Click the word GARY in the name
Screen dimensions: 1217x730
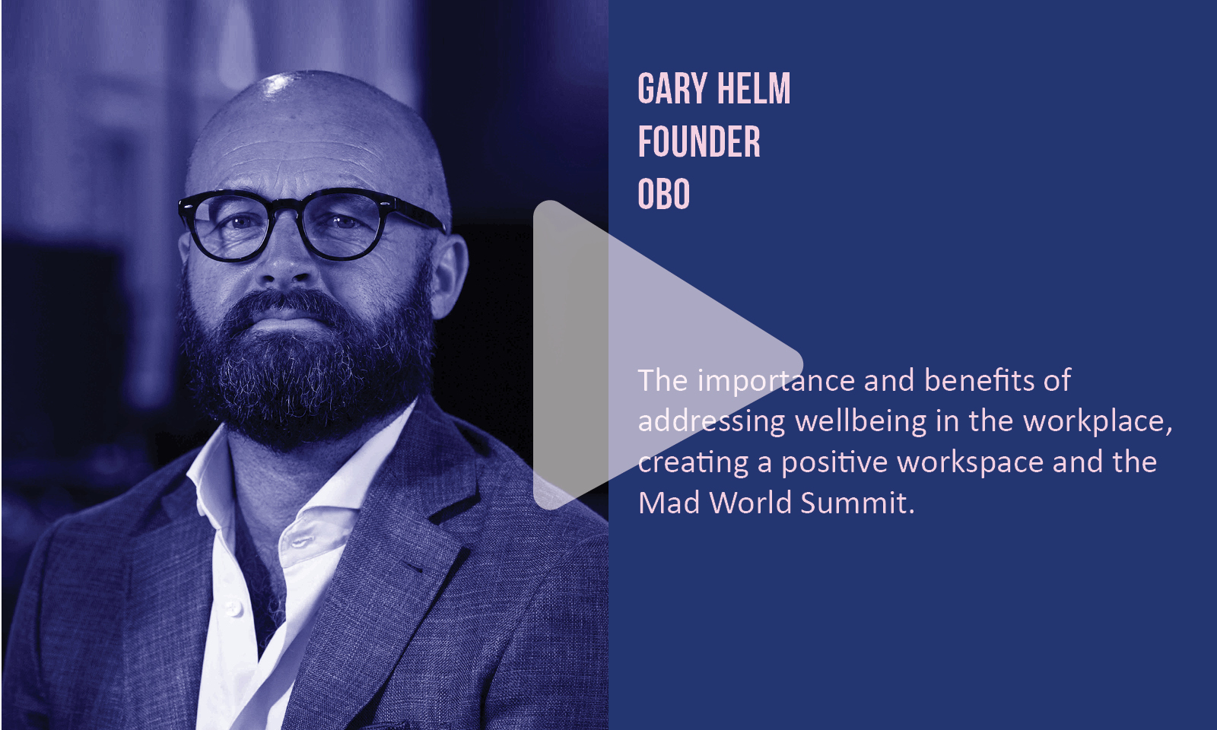point(672,88)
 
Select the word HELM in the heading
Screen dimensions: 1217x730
point(753,88)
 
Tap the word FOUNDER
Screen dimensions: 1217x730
point(699,141)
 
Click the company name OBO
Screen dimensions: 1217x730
point(663,194)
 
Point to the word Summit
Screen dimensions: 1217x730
point(857,503)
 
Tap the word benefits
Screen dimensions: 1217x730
point(978,380)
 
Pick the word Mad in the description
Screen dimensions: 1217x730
point(669,503)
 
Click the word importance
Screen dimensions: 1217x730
point(777,382)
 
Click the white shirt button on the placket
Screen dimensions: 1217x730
point(234,608)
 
